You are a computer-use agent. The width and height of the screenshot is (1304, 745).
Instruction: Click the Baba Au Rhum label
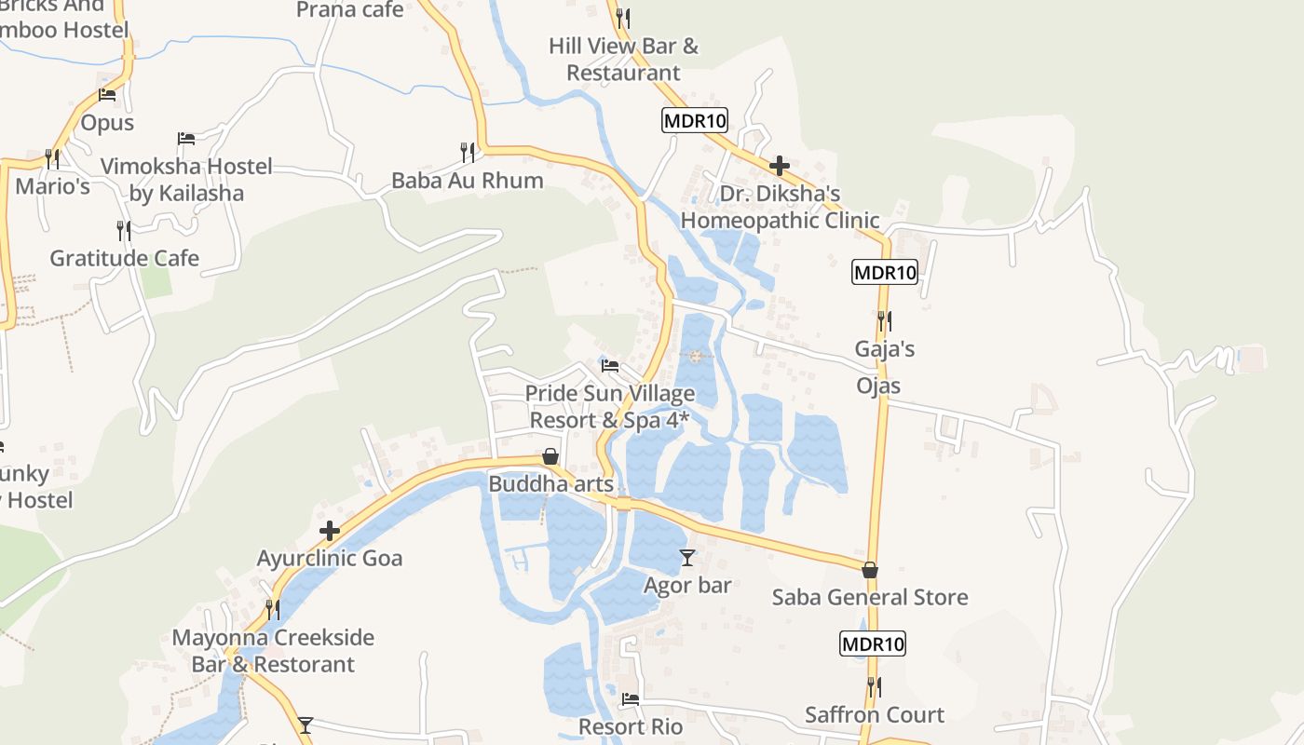467,180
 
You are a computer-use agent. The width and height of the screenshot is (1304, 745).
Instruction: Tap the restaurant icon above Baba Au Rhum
468,151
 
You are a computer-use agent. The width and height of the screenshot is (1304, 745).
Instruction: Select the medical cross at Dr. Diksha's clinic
780,166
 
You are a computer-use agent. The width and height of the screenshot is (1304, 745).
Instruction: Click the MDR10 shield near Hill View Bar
695,120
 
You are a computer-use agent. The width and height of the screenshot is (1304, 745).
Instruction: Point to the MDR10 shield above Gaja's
885,273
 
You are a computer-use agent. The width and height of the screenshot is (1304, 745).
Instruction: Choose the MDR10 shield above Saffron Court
873,643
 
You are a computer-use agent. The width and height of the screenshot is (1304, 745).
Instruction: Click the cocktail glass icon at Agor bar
687,557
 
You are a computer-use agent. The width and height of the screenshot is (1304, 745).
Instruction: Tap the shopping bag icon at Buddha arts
550,456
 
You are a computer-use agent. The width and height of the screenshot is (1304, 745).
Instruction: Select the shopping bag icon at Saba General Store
870,569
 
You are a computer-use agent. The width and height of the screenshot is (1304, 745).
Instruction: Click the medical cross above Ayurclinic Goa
330,531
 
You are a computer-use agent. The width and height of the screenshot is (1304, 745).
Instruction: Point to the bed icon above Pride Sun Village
610,365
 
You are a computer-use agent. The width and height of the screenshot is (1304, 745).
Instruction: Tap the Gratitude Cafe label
124,258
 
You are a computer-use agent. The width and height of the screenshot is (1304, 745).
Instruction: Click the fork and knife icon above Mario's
52,158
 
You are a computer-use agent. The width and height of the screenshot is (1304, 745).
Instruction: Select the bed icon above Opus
107,95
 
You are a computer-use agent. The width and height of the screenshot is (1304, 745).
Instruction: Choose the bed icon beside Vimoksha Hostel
186,139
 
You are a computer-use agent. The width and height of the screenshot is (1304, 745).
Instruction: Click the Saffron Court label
875,715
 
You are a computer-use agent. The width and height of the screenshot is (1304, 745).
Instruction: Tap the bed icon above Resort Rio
631,698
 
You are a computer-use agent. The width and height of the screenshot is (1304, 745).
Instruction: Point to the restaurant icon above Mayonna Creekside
272,610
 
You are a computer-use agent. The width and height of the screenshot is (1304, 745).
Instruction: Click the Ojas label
878,386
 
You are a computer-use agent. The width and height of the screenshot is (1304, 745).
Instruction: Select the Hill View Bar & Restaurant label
623,59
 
